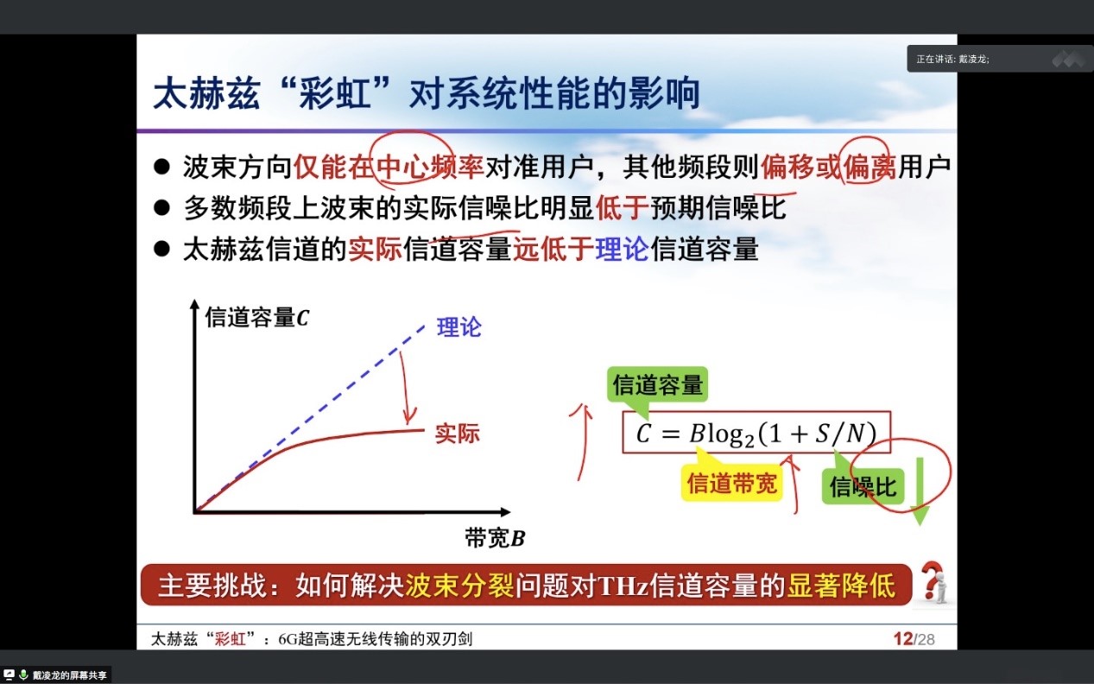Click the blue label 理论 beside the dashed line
[x=458, y=326]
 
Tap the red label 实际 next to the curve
[x=457, y=434]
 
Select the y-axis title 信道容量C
[x=257, y=318]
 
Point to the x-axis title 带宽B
[x=494, y=538]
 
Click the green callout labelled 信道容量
[x=657, y=385]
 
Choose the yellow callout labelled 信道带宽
[x=731, y=483]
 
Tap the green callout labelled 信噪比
[x=863, y=486]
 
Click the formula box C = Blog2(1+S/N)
[x=756, y=433]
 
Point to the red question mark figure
[x=933, y=582]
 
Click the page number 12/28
[x=914, y=638]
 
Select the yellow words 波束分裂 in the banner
[x=459, y=585]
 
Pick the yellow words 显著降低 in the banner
[x=841, y=585]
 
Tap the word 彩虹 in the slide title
[x=335, y=93]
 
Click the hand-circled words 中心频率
[x=430, y=167]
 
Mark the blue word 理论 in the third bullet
[x=623, y=249]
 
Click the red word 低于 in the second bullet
[x=622, y=207]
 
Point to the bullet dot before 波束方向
[x=161, y=167]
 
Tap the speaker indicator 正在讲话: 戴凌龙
[x=953, y=59]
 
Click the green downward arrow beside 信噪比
[x=920, y=491]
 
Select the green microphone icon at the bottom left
[x=23, y=674]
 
